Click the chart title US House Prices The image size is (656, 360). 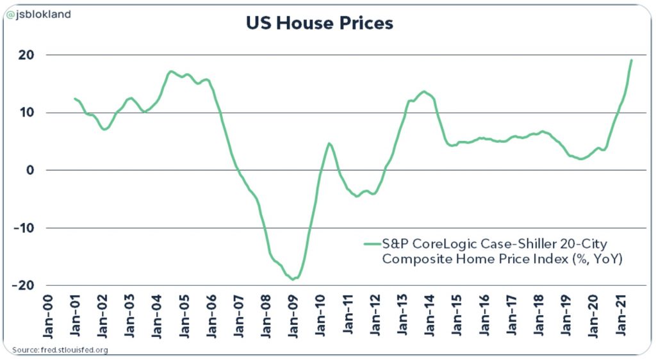(319, 24)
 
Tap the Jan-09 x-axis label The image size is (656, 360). (294, 318)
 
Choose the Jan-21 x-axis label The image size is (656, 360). (621, 318)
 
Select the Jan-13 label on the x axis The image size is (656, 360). (403, 318)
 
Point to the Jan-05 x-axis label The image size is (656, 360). (185, 318)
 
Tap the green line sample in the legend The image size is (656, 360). (372, 243)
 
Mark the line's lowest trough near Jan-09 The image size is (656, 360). (293, 279)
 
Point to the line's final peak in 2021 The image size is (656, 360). (632, 60)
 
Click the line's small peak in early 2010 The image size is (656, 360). (329, 143)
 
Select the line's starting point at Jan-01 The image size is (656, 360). (75, 99)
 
